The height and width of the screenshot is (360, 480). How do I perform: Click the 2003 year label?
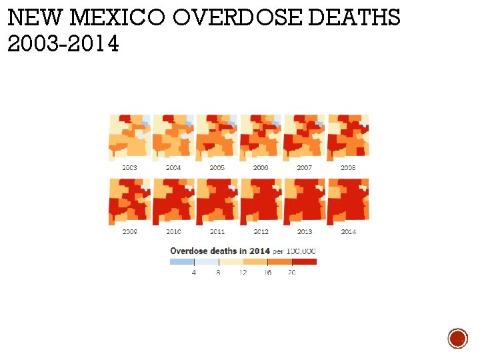click(129, 168)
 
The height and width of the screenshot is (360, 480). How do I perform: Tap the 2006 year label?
click(261, 168)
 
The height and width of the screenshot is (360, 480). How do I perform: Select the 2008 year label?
click(348, 168)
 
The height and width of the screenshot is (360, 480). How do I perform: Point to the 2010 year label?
click(173, 231)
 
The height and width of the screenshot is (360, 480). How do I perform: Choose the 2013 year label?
click(305, 231)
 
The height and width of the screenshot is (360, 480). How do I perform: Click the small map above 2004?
click(173, 137)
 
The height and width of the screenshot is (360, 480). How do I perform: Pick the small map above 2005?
click(217, 137)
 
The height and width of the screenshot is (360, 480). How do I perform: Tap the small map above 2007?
click(304, 137)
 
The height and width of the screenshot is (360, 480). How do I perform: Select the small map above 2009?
click(129, 201)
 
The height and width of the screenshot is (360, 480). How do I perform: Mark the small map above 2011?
click(217, 201)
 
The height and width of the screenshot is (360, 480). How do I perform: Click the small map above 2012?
click(261, 201)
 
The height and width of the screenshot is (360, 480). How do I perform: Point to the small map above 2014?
click(348, 201)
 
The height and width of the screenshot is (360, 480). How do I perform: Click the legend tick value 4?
click(194, 273)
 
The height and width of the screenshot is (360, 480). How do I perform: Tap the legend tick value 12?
click(243, 273)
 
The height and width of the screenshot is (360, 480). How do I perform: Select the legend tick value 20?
click(292, 273)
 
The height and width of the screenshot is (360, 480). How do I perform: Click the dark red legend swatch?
click(305, 262)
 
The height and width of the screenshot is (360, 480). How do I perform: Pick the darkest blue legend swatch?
click(182, 262)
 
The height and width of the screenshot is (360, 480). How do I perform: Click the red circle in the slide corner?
click(457, 338)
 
